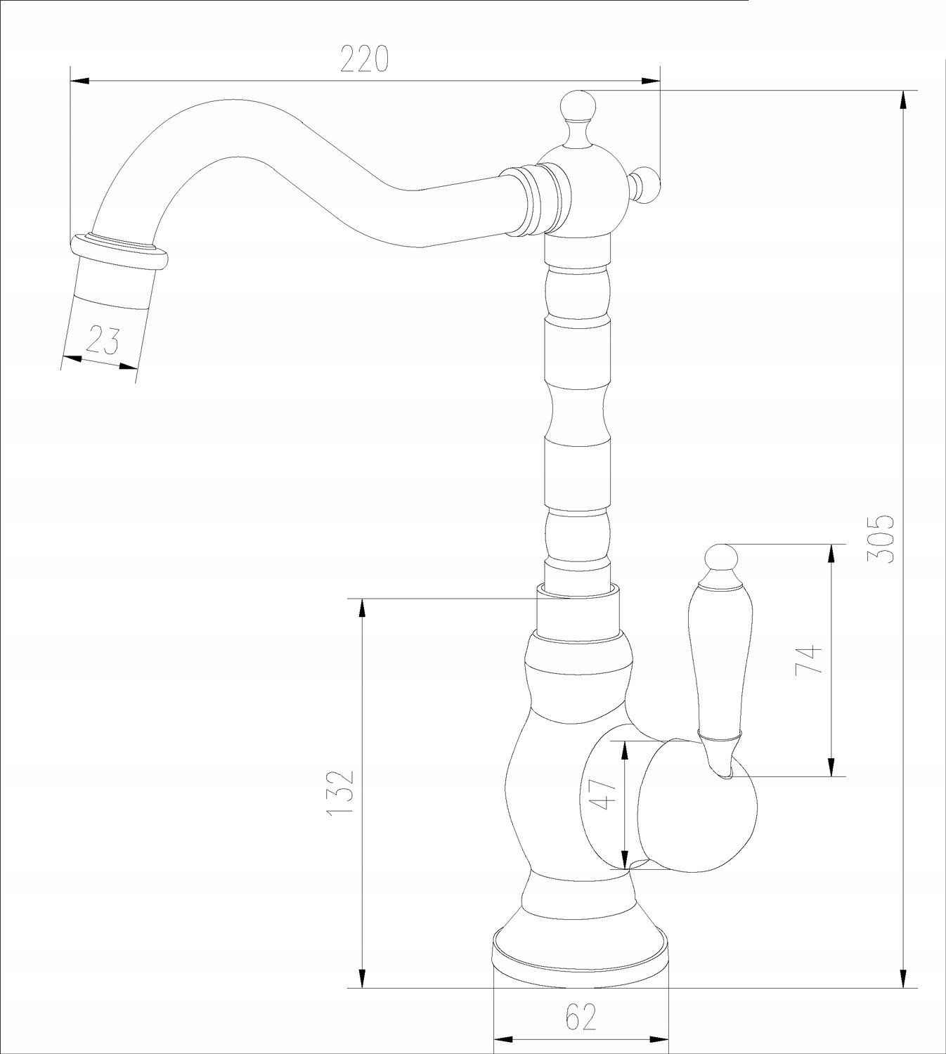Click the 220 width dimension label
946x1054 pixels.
pos(364,58)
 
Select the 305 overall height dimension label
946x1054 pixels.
pos(881,540)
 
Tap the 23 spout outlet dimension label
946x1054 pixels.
pos(103,339)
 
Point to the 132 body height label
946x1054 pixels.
pos(341,800)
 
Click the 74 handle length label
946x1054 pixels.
pos(808,661)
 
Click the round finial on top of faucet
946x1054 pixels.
pos(578,105)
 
